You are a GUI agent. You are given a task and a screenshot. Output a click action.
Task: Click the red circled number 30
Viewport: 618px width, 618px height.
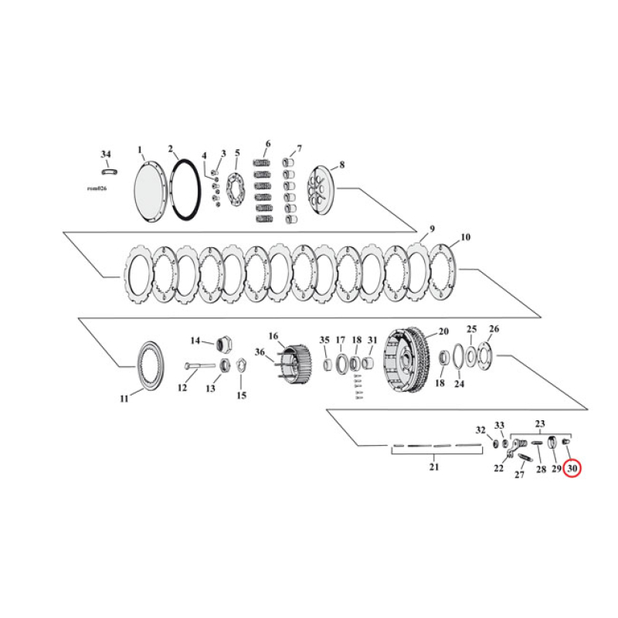[572, 468]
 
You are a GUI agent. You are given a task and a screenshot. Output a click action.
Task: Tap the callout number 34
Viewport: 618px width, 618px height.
[106, 154]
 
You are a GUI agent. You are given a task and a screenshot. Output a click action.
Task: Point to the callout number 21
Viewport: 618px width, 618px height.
[433, 467]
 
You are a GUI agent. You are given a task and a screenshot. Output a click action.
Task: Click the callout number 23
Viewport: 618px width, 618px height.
[540, 423]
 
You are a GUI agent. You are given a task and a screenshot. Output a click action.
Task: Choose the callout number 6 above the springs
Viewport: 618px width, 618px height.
[267, 144]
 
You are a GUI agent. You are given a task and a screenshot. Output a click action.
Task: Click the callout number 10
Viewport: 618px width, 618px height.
[465, 237]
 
